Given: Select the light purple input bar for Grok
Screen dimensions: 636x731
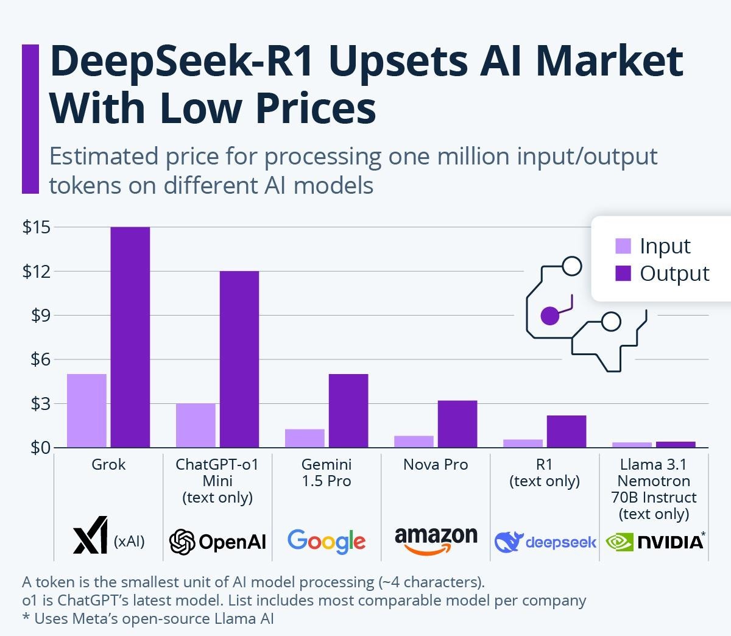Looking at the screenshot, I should pyautogui.click(x=87, y=411).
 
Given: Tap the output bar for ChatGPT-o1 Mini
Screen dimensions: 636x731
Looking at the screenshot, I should pyautogui.click(x=239, y=359).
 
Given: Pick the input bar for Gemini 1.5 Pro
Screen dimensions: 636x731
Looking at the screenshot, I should pyautogui.click(x=305, y=438).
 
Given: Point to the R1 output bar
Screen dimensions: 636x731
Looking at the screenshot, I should pyautogui.click(x=566, y=431).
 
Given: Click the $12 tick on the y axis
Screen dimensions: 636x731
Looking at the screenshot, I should pyautogui.click(x=35, y=271).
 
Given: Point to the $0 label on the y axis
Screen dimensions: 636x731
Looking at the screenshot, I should pyautogui.click(x=35, y=448).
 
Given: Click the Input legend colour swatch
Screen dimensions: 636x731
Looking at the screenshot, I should pyautogui.click(x=623, y=246).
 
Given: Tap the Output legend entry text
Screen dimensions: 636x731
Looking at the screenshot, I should pyautogui.click(x=674, y=274).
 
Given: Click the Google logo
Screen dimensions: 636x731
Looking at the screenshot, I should pyautogui.click(x=327, y=541).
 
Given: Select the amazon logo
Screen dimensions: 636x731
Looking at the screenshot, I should pyautogui.click(x=436, y=539).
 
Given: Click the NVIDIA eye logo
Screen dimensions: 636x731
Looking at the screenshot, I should pyautogui.click(x=620, y=542).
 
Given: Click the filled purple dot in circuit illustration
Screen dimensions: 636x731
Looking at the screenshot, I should pyautogui.click(x=549, y=316).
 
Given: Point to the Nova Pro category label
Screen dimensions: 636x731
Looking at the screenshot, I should pyautogui.click(x=436, y=465).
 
